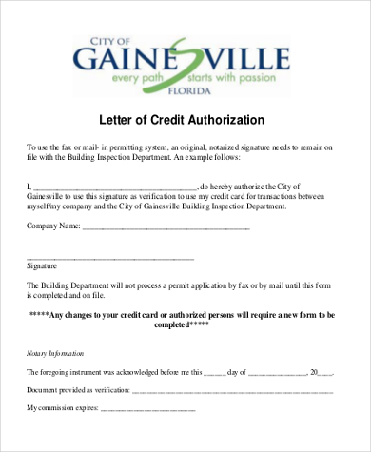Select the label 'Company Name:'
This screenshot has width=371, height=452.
(x=53, y=227)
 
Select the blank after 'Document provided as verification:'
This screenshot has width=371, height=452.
(x=233, y=390)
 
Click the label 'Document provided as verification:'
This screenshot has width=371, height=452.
(x=78, y=390)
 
